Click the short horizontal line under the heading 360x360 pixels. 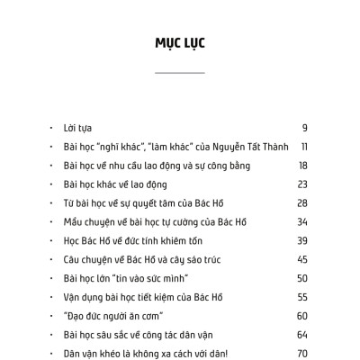point(179,71)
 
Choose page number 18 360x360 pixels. point(303,166)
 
